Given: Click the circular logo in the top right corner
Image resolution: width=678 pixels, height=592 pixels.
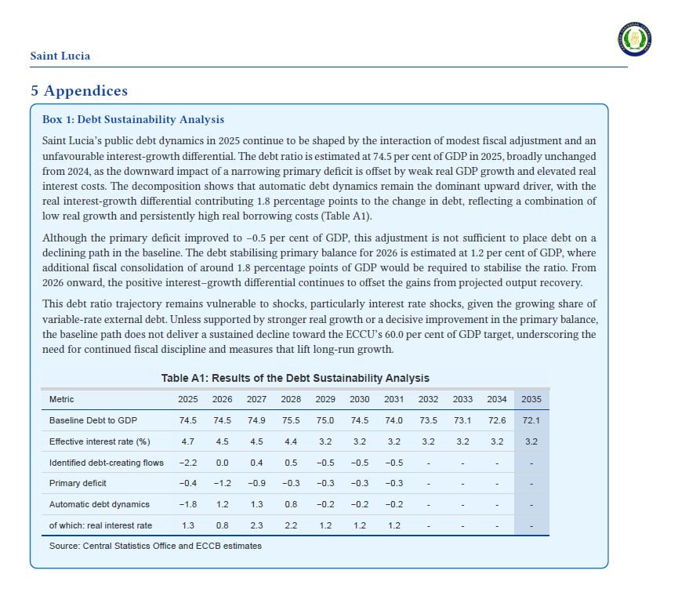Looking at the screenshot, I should (x=635, y=38).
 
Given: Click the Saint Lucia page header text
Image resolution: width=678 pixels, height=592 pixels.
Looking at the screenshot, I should (x=60, y=56).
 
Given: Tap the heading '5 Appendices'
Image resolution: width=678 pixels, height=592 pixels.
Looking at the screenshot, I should (x=78, y=91).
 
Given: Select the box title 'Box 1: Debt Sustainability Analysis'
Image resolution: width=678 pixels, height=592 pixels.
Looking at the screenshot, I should (x=133, y=120).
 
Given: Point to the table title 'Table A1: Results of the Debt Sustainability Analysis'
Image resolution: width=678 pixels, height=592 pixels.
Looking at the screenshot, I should (x=295, y=378).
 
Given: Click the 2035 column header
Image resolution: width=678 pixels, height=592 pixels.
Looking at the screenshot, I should (x=531, y=399).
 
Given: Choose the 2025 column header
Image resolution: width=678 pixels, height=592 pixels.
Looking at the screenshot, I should (x=188, y=399).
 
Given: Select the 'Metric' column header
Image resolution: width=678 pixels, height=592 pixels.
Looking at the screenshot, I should (x=62, y=399).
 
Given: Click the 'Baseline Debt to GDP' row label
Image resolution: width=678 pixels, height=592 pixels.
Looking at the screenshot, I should (x=93, y=420).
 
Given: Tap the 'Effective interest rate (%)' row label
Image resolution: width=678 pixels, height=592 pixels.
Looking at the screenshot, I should (x=100, y=441).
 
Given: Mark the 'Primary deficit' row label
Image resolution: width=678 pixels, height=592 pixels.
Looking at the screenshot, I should (x=78, y=483).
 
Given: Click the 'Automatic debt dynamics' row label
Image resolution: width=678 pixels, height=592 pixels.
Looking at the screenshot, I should (x=100, y=504).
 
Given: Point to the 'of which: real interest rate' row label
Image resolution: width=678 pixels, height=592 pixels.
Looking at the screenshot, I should (x=101, y=525).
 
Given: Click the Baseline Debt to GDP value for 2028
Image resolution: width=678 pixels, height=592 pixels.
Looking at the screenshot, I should (x=291, y=420).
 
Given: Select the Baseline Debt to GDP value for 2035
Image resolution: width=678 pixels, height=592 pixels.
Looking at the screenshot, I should (x=531, y=420).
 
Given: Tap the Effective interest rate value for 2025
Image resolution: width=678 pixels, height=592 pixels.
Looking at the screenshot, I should (x=188, y=441).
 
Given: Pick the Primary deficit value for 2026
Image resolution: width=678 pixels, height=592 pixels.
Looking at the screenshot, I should (x=222, y=483).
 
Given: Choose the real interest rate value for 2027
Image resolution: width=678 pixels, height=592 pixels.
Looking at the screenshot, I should (x=256, y=525).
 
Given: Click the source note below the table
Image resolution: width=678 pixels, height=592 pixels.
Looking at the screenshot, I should (x=155, y=546).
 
